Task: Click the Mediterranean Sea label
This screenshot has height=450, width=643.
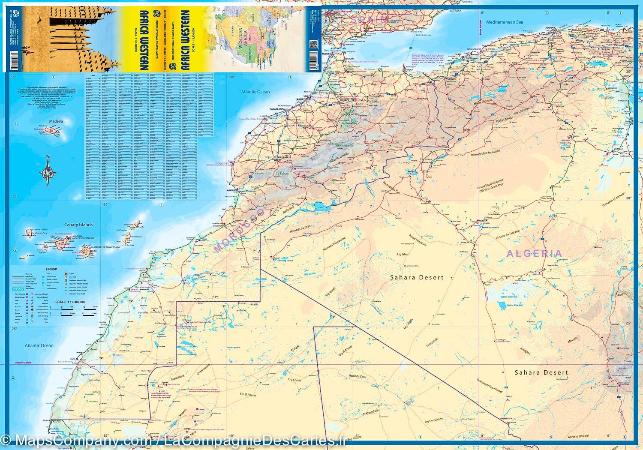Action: click(x=505, y=22)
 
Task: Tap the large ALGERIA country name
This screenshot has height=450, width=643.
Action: click(x=534, y=253)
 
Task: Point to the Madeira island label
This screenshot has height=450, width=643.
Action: click(x=56, y=121)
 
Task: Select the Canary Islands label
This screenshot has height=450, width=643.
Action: click(x=78, y=225)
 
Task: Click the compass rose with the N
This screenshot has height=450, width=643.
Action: click(x=48, y=171)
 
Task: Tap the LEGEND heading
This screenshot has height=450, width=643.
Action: click(x=51, y=269)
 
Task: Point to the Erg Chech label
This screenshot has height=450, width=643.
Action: click(x=294, y=380)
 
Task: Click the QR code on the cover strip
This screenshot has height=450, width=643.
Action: click(x=312, y=44)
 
